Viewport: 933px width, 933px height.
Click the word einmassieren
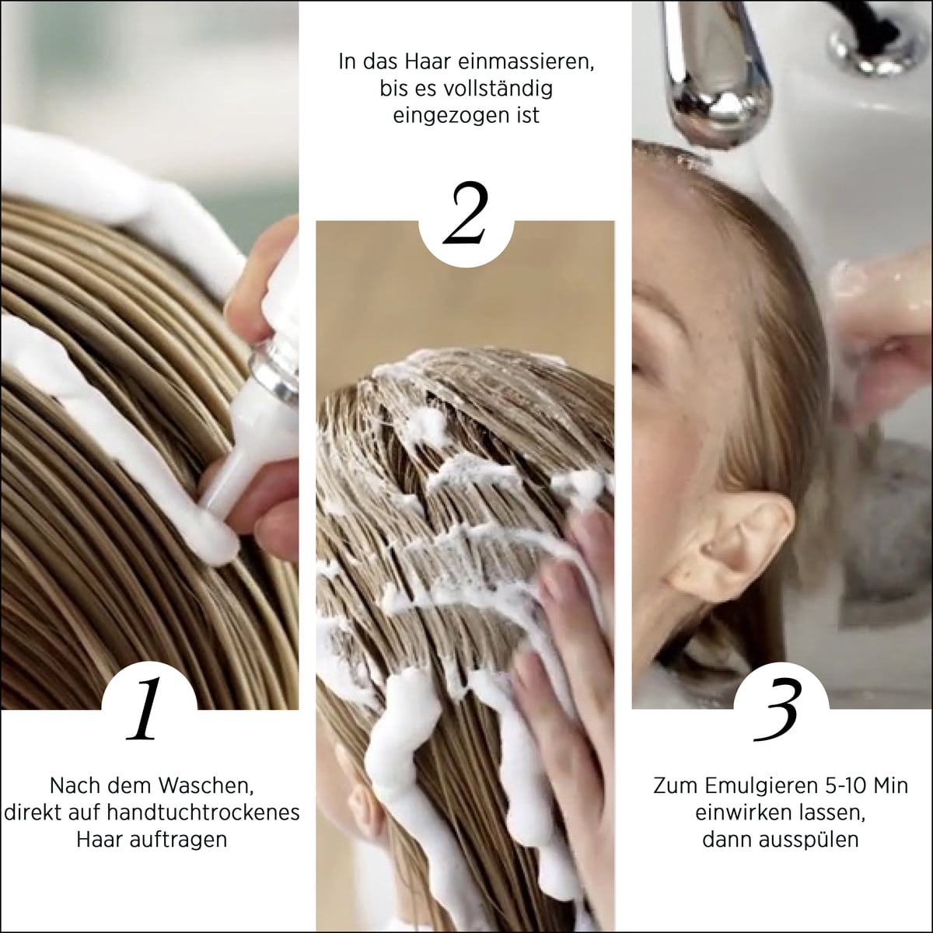point(526,62)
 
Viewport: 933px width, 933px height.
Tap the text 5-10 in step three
point(845,786)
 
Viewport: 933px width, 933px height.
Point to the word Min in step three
point(891,786)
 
